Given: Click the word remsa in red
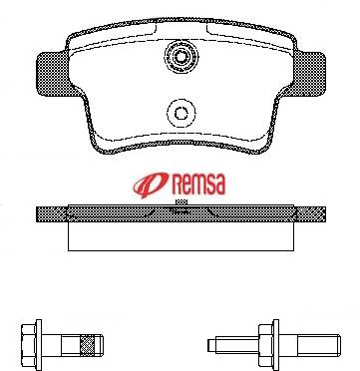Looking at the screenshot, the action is pos(198,184).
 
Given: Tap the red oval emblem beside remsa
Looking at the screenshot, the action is pos(152,185).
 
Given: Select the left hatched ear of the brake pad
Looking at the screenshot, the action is pos(52,74).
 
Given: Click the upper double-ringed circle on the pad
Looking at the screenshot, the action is pos(181,57).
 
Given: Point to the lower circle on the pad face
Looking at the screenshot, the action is pos(181,114).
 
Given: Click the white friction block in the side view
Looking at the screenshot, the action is pos(180,236).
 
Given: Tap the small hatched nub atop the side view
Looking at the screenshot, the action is pos(181,201).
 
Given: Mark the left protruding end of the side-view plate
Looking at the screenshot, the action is pos(52,214).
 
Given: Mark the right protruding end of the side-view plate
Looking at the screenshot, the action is pos(310,214).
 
